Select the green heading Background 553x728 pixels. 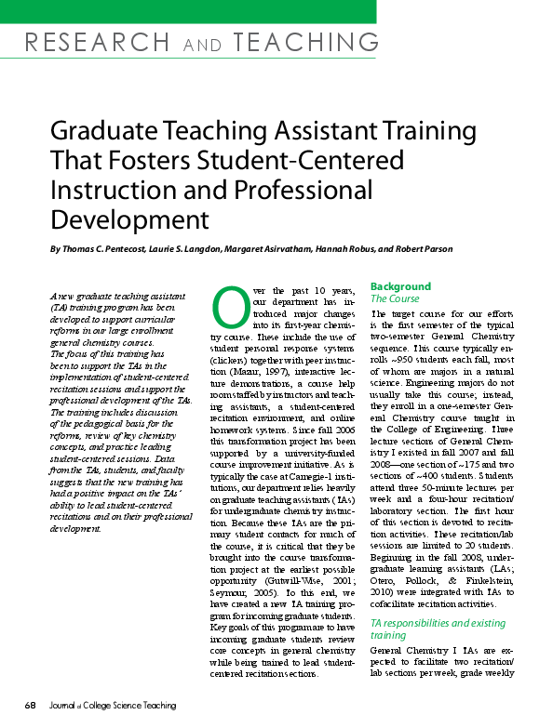(x=400, y=286)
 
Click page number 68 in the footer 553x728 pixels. (x=31, y=706)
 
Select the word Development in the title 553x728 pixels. (x=129, y=220)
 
